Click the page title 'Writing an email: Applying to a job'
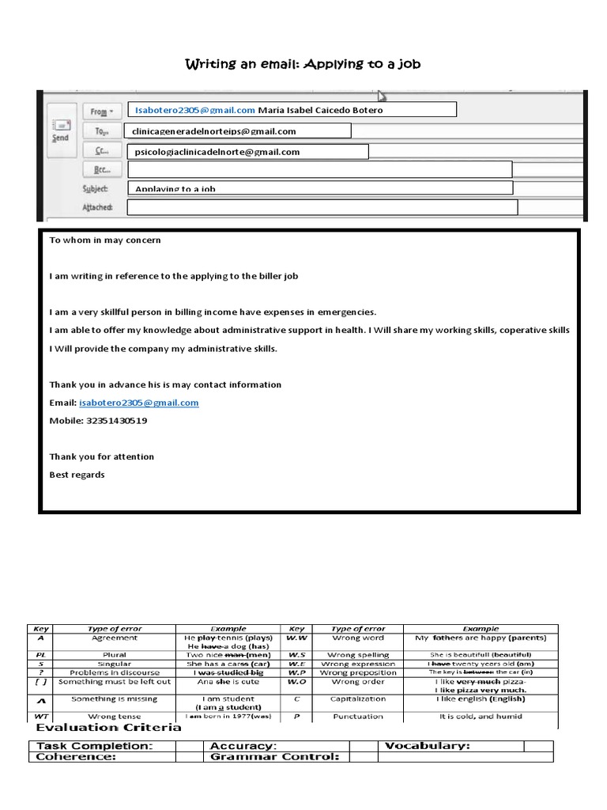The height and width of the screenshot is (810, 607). tap(303, 63)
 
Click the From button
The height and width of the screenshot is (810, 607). tap(102, 112)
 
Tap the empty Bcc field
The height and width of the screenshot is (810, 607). tap(319, 169)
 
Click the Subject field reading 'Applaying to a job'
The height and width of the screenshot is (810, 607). tap(319, 188)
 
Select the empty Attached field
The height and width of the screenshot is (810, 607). tap(322, 207)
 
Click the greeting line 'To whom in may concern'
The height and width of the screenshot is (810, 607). tap(105, 240)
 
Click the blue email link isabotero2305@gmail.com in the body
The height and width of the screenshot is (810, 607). tap(139, 403)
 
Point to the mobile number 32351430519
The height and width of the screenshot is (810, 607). tap(115, 421)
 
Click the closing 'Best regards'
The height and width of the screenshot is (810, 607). tap(77, 475)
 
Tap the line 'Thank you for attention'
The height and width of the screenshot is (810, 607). tap(102, 456)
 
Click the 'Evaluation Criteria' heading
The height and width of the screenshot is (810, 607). tap(107, 728)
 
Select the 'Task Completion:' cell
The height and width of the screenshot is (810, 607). tap(102, 746)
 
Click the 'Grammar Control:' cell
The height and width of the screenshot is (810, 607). tap(274, 757)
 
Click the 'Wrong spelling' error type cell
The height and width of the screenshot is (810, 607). tap(360, 655)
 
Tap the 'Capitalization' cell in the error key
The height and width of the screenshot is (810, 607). tap(360, 699)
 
